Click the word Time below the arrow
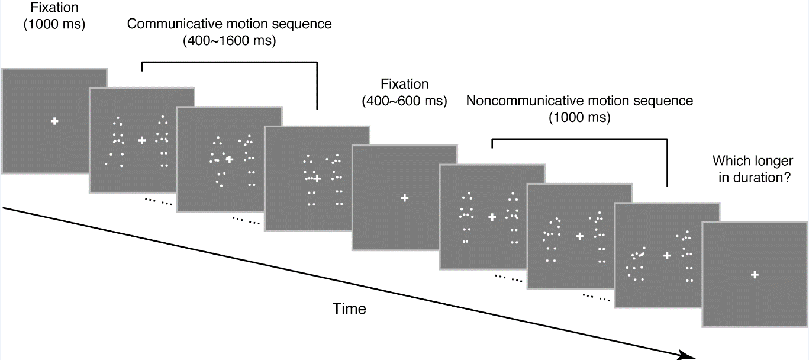[349, 308]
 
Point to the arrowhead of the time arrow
[688, 356]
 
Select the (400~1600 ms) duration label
[230, 42]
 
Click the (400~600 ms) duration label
[404, 101]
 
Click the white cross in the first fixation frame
[54, 121]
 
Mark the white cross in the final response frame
[755, 275]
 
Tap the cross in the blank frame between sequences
[404, 198]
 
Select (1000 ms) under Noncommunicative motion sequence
[579, 117]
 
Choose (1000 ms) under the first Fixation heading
[54, 25]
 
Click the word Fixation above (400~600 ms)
[404, 85]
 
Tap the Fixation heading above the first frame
[54, 9]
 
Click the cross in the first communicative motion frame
[142, 140]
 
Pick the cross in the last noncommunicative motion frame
[668, 256]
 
